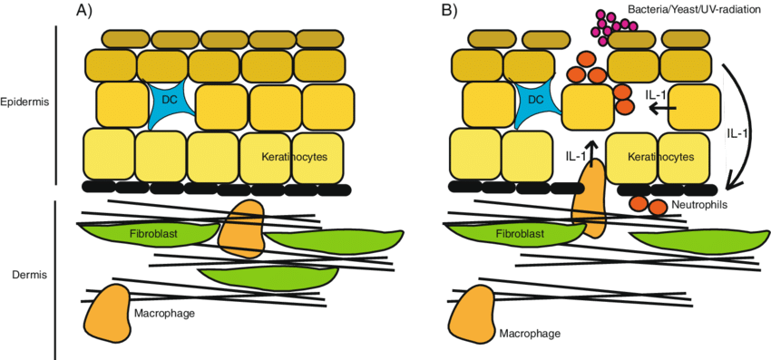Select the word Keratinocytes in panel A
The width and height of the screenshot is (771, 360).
(x=294, y=157)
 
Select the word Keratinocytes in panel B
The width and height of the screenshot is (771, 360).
(x=661, y=157)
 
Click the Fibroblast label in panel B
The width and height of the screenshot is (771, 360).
(x=520, y=234)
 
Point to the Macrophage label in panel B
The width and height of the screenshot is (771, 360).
(x=530, y=333)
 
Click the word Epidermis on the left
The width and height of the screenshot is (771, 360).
(x=25, y=101)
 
